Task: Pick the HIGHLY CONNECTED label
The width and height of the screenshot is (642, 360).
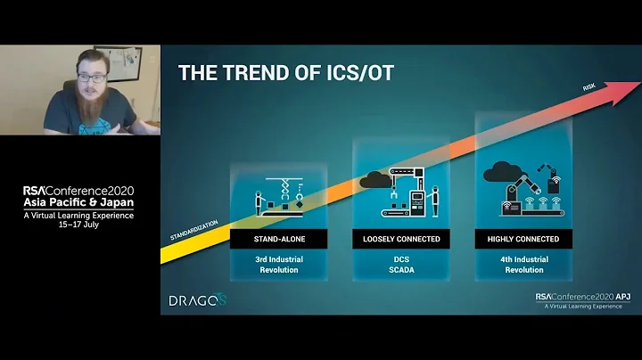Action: click(x=523, y=239)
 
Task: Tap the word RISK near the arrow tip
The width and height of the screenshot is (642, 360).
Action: click(x=588, y=87)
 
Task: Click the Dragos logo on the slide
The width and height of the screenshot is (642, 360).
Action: click(x=197, y=300)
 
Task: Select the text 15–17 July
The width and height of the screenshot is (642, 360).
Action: click(x=79, y=224)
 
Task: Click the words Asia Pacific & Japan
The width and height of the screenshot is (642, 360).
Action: click(x=79, y=202)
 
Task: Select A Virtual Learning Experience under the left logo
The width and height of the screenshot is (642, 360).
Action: click(x=79, y=214)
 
